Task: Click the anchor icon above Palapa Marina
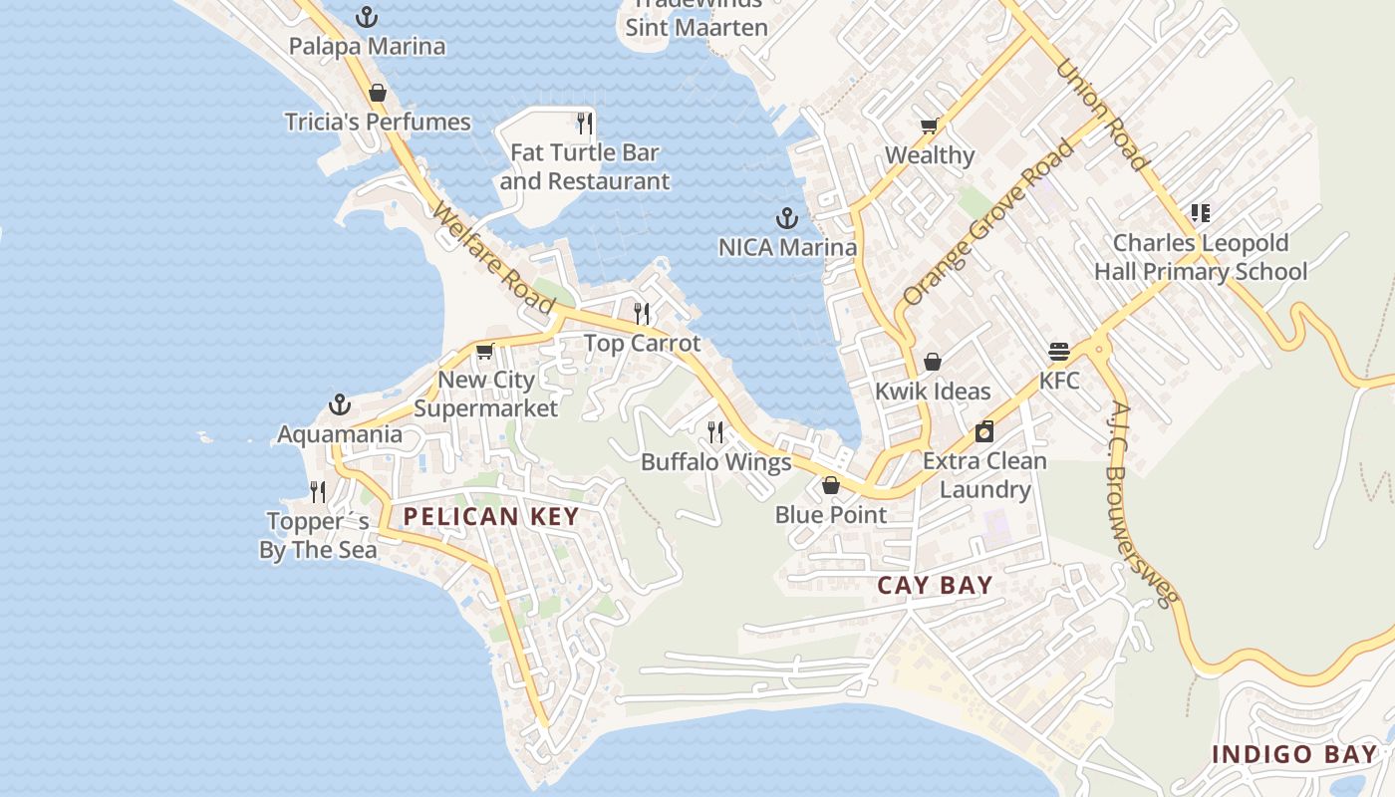tap(368, 17)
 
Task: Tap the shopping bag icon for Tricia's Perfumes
tap(378, 94)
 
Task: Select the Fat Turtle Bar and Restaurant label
tap(585, 166)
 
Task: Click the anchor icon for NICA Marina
tap(787, 218)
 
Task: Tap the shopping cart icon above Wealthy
tap(930, 127)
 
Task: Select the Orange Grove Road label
tap(988, 222)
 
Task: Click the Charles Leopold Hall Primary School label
tap(1201, 257)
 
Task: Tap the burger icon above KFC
tap(1059, 353)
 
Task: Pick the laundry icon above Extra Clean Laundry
tap(984, 431)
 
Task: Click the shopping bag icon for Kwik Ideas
tap(933, 362)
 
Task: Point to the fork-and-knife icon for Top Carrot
tap(643, 314)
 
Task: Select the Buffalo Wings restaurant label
tap(715, 462)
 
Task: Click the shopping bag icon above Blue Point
tap(831, 486)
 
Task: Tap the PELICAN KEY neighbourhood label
tap(490, 516)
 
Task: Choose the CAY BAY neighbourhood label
tap(935, 585)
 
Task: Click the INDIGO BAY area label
tap(1293, 754)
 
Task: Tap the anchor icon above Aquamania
tap(340, 405)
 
